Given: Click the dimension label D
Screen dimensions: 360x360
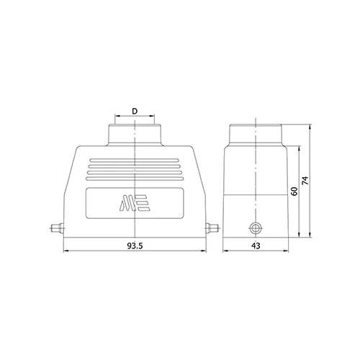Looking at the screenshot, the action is tap(135, 111).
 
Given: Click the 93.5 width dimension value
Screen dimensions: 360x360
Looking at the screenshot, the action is tap(135, 246).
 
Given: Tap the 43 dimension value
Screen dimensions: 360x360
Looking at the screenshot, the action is tap(256, 246).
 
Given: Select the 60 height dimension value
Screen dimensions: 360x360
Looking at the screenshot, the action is tap(294, 192).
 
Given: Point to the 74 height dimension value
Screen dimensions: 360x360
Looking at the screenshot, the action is tap(305, 180).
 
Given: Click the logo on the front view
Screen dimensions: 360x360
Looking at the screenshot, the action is tap(135, 203).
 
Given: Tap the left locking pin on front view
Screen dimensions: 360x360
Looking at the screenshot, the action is tap(58, 228).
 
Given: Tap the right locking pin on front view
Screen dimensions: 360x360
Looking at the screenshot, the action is tap(212, 228).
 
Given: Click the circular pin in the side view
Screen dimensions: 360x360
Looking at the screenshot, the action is tap(256, 228).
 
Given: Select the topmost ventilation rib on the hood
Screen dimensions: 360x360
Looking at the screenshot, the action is tap(135, 161).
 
